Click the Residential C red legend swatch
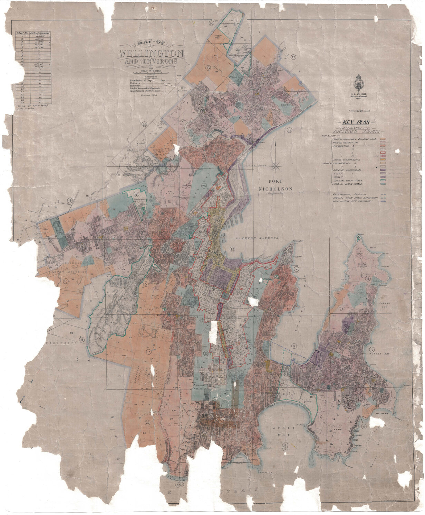pos(383,152)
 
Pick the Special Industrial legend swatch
pos(383,170)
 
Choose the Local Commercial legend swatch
pos(383,159)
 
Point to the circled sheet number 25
pos(232,249)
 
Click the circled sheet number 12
pos(293,57)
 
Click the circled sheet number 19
pos(70,200)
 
